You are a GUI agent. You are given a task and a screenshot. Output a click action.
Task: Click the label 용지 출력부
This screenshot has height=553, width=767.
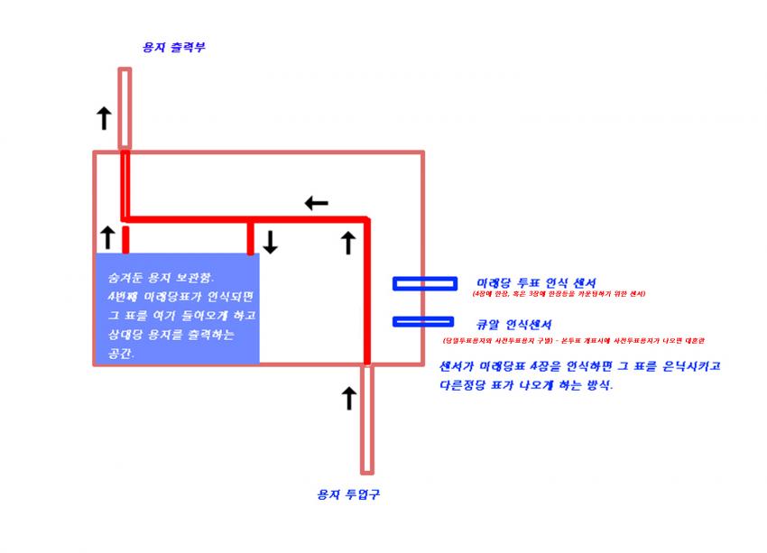click(173, 47)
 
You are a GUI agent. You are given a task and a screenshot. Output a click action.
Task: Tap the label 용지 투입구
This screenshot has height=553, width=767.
click(342, 494)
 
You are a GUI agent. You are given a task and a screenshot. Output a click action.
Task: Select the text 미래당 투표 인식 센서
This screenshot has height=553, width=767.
click(536, 282)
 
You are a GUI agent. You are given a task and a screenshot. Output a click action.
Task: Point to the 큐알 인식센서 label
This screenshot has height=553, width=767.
click(514, 324)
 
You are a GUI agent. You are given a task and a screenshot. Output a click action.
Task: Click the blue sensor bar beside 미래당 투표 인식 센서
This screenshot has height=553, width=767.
click(423, 284)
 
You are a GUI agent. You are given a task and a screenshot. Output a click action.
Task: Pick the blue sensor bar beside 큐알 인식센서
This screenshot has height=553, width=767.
click(423, 321)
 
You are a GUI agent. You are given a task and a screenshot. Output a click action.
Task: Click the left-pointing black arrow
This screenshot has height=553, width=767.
click(316, 203)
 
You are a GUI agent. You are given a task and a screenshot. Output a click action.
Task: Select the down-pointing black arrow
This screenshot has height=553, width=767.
click(270, 242)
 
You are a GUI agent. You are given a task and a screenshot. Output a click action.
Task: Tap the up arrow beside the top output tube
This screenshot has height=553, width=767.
click(104, 117)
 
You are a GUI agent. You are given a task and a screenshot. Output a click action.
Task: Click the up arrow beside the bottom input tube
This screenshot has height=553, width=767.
click(348, 397)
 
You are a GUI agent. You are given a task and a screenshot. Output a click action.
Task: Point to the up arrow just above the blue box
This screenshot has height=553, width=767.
click(107, 237)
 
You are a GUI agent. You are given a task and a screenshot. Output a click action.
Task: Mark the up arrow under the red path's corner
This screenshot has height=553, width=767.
click(348, 242)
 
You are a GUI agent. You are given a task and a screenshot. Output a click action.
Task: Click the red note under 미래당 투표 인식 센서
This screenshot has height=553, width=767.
click(559, 294)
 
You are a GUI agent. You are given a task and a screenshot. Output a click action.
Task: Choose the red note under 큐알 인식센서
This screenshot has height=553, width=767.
click(573, 340)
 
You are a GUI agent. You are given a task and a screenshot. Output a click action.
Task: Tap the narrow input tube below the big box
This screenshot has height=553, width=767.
click(366, 419)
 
